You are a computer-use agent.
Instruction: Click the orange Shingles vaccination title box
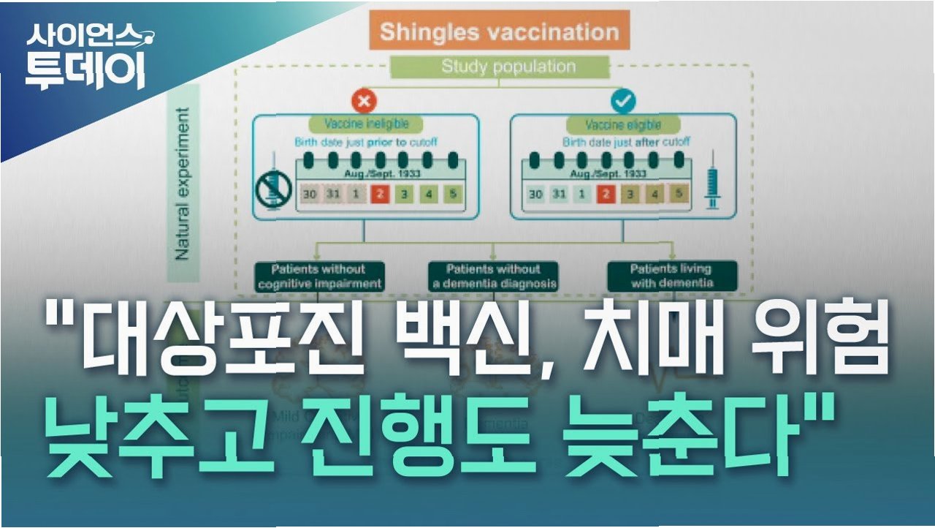pos(499,31)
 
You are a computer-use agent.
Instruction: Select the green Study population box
pos(498,67)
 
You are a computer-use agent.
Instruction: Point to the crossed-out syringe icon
pos(275,189)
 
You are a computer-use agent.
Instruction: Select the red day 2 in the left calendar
pos(379,195)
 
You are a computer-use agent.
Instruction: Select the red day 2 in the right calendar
pos(606,195)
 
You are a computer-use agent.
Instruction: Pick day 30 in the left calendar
pos(309,195)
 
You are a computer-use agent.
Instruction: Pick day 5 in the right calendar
pos(679,194)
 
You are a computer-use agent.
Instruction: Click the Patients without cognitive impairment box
pos(318,276)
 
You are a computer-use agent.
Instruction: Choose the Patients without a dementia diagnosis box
pos(492,276)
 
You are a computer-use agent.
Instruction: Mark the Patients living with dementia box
pos(672,276)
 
